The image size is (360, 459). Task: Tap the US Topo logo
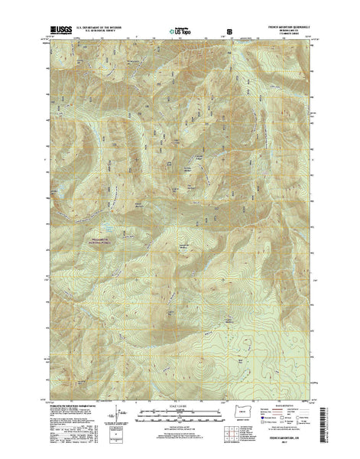point(181,32)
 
